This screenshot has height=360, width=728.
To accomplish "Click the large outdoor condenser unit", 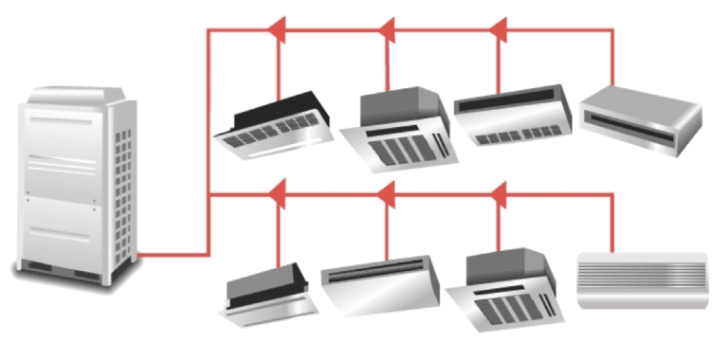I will pos(76,180).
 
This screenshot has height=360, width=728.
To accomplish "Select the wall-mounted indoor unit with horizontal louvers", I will pos(643,280).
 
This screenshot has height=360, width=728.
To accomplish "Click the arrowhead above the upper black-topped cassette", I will pos(278,30).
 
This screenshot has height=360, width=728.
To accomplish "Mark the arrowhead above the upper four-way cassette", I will pos(387,30).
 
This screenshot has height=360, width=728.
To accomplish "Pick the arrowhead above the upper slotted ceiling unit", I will pos(499,30).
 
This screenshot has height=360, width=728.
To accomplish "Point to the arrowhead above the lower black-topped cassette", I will pos(278,194).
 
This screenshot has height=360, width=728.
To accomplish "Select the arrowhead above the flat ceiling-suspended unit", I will pos(387,194).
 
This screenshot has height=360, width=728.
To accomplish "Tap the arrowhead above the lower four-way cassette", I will pos(499,194).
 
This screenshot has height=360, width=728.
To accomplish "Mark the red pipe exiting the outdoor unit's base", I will pos(171,254).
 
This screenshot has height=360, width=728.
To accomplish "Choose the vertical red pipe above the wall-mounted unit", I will pos(613,223).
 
